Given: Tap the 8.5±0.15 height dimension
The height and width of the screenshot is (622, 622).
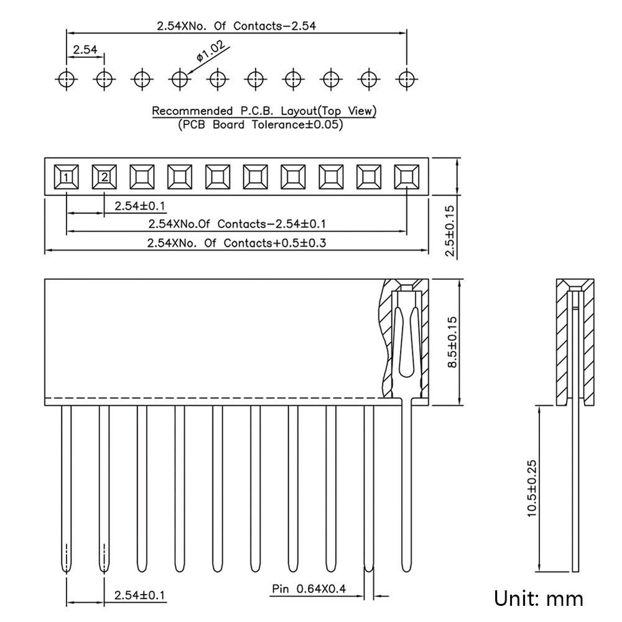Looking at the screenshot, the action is coord(452,342).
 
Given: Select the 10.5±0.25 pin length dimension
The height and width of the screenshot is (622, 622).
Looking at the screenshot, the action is coord(532,488).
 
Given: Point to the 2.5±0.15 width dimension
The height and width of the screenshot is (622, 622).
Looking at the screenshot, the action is coord(450,231).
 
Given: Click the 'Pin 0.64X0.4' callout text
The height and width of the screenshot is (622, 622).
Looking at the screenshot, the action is coord(309,588).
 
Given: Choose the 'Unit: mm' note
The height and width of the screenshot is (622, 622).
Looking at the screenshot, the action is coord(538,598).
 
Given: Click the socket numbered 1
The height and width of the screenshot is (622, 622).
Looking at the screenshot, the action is coord(67,177).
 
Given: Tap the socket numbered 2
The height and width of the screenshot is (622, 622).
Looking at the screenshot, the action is coord(104,177).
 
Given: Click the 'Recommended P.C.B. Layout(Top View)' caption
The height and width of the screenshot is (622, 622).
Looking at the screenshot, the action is coord(264,111).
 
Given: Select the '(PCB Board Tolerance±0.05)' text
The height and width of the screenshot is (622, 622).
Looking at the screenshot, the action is coord(260,124).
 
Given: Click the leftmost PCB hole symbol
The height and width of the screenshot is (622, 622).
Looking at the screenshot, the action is coord(67,80).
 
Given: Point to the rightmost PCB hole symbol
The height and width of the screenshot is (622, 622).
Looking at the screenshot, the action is coord(407,80).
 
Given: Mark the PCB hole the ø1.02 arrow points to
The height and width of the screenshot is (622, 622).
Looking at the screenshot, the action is coord(180,80).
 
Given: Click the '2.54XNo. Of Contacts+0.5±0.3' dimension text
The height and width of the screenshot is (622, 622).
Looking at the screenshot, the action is coord(236,243).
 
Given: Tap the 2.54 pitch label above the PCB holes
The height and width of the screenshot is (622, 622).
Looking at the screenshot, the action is coord(85,50).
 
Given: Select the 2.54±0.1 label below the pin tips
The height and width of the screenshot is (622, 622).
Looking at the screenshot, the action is coord(139,595).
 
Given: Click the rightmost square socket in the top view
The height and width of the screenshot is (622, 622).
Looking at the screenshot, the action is coord(407,177).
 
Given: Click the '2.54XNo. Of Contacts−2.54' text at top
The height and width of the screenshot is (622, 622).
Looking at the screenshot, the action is coord(236,26).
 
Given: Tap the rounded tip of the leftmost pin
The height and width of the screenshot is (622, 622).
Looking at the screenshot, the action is coord(67,570).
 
